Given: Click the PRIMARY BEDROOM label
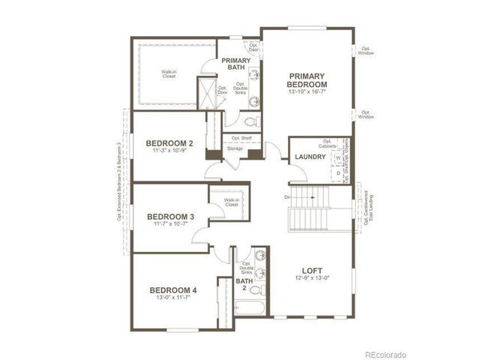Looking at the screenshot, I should point(307,80).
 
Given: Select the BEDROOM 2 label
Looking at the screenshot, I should point(169,143).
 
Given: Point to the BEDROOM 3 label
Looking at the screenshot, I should point(171,217).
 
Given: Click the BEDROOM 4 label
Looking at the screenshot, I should point(173,290).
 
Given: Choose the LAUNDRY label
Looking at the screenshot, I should point(309,157).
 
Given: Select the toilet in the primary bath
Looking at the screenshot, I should point(253,119).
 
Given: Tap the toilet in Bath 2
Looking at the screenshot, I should point(256,289).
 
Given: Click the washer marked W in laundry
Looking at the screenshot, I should point(338,158).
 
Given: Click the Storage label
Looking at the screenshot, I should point(235,148).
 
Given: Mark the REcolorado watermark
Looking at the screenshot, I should point(385,353).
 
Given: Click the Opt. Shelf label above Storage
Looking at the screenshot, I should point(241,138).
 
